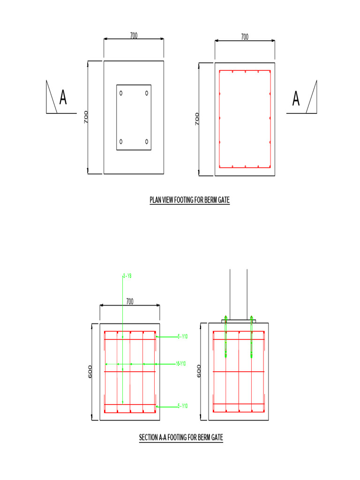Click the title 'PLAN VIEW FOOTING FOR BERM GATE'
pos(189,200)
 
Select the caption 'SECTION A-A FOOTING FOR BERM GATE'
pos(181,437)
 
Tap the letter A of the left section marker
pos(63,97)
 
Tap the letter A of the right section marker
pos(296,98)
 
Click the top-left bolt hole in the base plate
pos(121,93)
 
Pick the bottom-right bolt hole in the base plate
pos(147,141)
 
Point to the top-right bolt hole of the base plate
pos(147,93)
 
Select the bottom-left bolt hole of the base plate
pos(121,141)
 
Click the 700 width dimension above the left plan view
pos(134,36)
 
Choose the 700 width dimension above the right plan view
pos(245,37)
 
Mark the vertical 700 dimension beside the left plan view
pos(86,117)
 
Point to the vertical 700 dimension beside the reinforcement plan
pos(197,119)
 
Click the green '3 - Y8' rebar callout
pos(127,276)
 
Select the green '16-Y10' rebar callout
pos(181,364)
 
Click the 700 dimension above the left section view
pos(129,301)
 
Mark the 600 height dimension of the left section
pos(90,371)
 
